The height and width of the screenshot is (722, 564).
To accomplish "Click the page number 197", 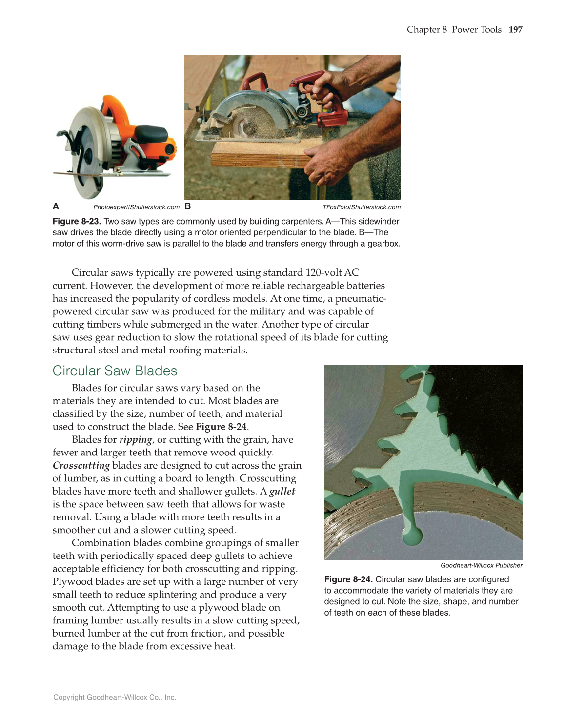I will click(515, 30).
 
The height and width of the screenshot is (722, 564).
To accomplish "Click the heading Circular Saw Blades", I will click(115, 371).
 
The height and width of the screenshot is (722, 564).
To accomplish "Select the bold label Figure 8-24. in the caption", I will click(348, 579).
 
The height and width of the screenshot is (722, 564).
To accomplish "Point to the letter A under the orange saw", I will click(56, 206).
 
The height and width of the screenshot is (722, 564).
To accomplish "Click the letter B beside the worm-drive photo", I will click(188, 206).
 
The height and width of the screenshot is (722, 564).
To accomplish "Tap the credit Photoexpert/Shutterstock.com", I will click(136, 207).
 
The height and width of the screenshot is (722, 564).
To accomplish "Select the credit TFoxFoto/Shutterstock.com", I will click(362, 207).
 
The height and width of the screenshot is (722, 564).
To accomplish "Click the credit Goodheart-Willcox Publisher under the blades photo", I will click(481, 565).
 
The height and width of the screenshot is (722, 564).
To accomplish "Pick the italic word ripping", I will click(136, 440).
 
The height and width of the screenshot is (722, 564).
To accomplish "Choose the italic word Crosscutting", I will click(81, 466).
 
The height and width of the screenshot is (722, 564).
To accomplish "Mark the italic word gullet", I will click(282, 492).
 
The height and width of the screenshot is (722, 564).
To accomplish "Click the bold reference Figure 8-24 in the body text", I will click(221, 427).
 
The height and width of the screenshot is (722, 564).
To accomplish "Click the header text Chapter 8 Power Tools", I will click(454, 30).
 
